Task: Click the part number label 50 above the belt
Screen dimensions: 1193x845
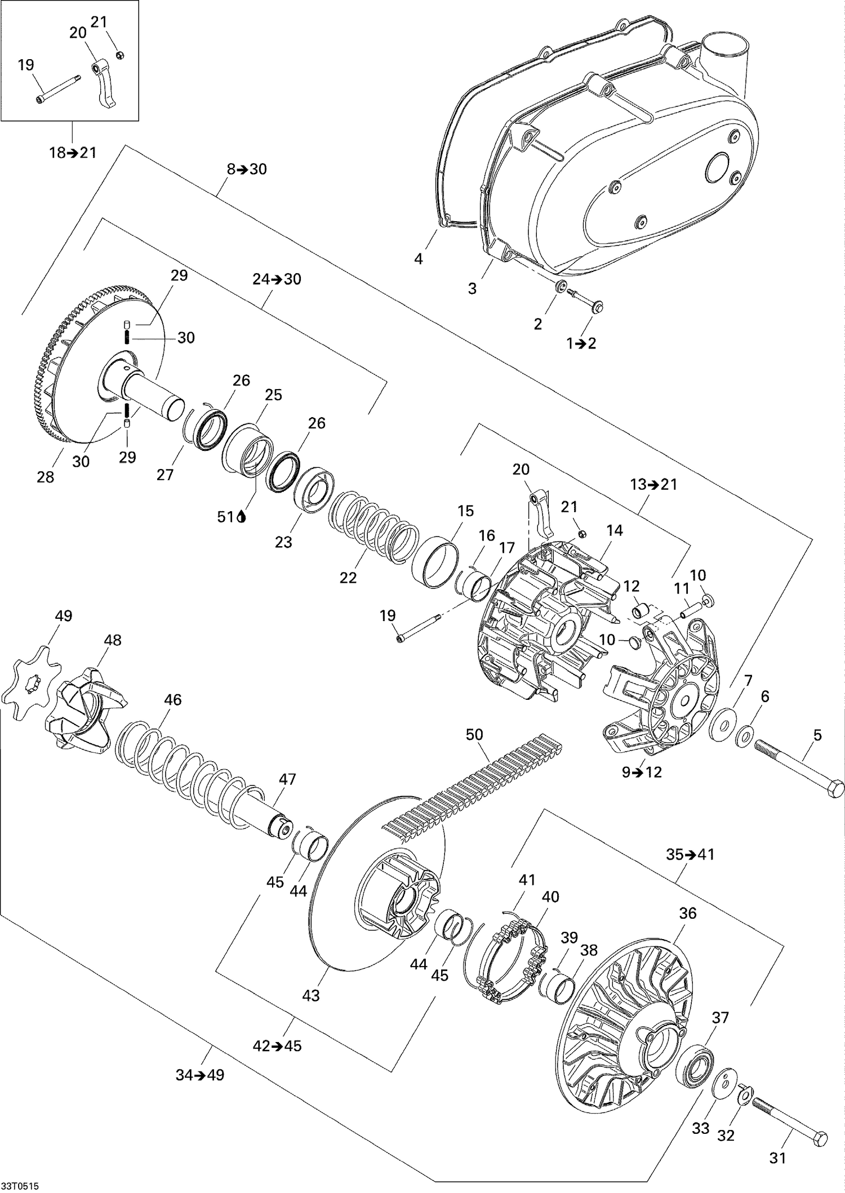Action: pos(474,734)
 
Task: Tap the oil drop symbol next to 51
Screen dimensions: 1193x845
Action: pos(242,516)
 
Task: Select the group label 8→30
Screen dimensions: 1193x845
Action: pos(247,169)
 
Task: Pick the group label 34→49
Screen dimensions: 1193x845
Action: pos(200,1075)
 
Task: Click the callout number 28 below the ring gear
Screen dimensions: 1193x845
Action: pos(46,477)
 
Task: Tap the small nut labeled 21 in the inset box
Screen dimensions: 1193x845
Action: pos(120,55)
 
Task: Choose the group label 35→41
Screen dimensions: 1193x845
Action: pos(690,854)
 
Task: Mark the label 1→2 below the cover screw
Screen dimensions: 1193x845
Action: pos(581,343)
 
